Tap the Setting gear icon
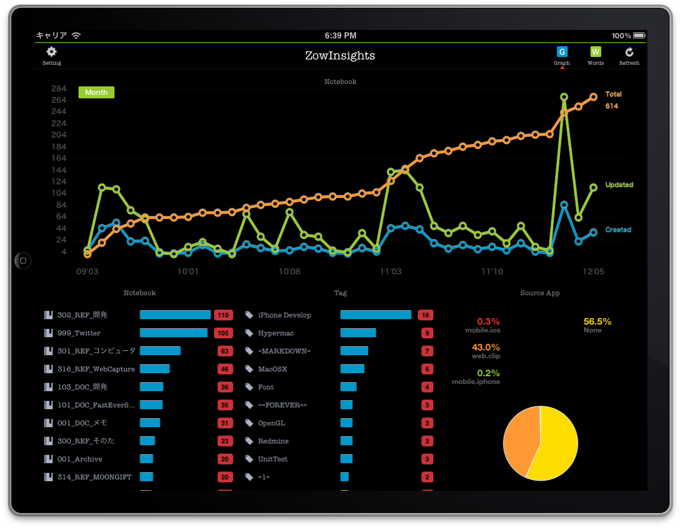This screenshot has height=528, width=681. (52, 53)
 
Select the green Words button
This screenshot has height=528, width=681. (595, 52)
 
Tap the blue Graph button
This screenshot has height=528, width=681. (562, 52)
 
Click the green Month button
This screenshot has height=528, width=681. (97, 92)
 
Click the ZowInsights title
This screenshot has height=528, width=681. (340, 56)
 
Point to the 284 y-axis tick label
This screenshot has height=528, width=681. (59, 88)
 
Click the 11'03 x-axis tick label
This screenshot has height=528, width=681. (391, 272)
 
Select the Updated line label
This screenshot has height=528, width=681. (619, 185)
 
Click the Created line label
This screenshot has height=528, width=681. (618, 230)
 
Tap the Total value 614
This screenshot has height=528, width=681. (611, 106)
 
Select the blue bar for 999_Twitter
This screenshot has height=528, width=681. (173, 333)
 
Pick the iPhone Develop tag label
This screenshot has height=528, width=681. (284, 315)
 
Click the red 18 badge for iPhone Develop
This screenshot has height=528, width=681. (426, 315)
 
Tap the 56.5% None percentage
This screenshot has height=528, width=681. (597, 322)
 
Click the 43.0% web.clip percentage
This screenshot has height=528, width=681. (486, 347)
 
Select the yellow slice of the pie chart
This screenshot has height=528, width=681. (555, 444)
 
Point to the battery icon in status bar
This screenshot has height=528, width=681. (639, 36)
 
